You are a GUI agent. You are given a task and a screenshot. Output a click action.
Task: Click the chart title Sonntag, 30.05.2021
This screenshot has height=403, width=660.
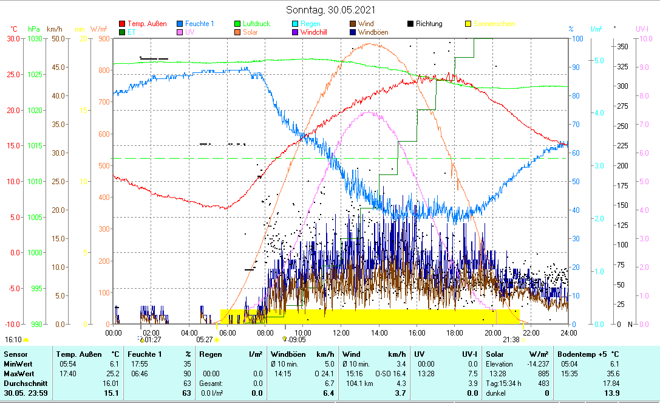(x=330, y=10)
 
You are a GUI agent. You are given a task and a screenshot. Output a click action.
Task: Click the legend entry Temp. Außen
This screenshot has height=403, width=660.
(x=147, y=24)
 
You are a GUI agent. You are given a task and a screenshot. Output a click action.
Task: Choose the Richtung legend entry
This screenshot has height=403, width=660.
(x=429, y=24)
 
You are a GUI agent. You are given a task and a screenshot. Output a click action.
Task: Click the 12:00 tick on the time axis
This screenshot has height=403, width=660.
(x=341, y=332)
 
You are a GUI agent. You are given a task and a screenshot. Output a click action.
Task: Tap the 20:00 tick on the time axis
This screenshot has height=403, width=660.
(x=492, y=332)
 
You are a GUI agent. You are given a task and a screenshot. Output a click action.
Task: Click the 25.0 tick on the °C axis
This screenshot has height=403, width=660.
(x=12, y=74)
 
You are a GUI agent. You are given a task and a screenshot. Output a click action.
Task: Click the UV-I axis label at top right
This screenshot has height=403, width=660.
(x=642, y=29)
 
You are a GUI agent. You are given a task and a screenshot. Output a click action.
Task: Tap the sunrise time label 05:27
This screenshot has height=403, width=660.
(x=205, y=340)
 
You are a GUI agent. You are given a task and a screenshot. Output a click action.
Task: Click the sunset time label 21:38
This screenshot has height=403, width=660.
(x=511, y=340)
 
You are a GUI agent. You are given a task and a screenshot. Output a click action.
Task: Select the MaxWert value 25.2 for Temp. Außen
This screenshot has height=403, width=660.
(x=114, y=373)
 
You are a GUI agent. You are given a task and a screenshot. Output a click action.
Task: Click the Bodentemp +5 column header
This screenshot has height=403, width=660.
(x=588, y=354)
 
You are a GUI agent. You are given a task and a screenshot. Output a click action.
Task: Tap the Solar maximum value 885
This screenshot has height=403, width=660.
(x=544, y=373)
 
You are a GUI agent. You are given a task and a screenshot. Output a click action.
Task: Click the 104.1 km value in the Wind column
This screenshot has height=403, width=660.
(x=356, y=384)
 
